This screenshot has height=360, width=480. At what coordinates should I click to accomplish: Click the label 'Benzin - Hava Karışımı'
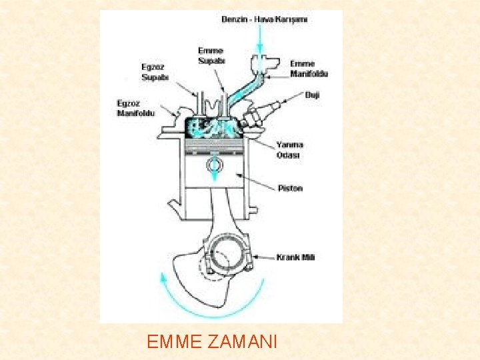coord(264,19)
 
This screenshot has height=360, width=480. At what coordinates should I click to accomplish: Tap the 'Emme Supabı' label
coord(211,56)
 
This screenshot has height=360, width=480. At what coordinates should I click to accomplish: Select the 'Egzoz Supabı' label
coord(155,72)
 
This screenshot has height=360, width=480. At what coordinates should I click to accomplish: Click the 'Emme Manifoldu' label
coord(309,69)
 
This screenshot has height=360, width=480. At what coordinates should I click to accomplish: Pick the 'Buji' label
coord(312,95)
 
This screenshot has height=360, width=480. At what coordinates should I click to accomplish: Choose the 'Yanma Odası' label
coord(289,150)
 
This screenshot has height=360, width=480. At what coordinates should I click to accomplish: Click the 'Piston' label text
coord(289,188)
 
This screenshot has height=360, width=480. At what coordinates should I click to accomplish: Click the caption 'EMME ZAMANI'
coord(211,343)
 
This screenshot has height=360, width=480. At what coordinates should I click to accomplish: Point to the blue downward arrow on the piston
coord(215,175)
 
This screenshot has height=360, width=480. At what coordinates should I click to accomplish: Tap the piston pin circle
coord(215,163)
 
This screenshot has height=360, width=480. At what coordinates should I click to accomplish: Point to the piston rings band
coord(215,144)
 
